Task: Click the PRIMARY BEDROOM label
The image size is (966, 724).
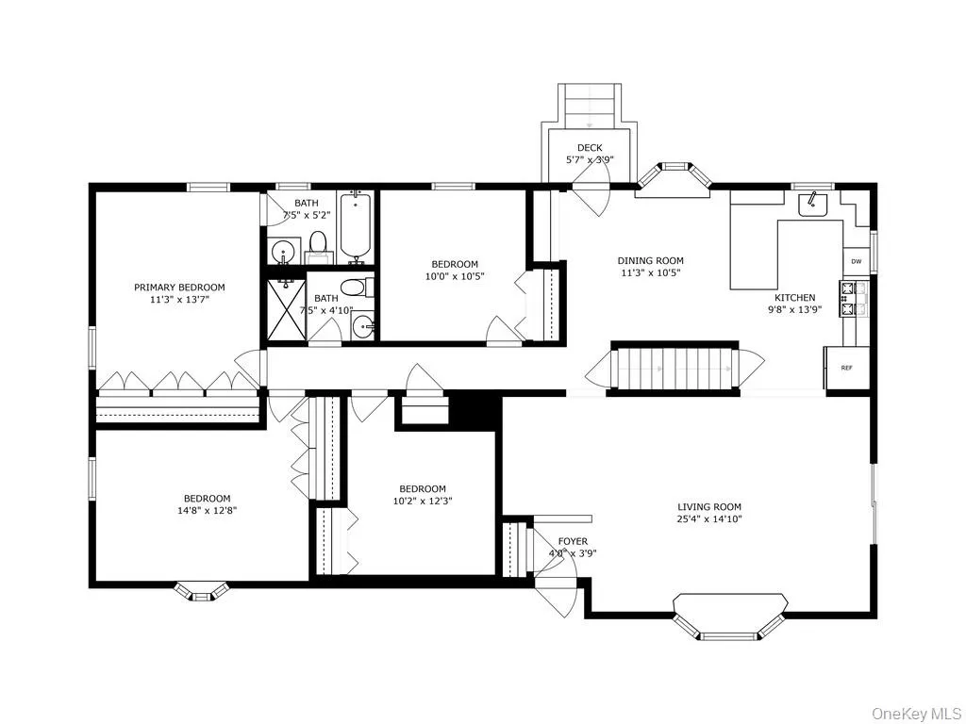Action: point(179,288)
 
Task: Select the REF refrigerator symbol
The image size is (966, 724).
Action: point(846,368)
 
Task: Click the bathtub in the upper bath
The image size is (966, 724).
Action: point(355,226)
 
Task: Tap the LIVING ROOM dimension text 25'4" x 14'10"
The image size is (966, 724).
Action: point(708,519)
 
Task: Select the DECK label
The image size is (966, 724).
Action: point(590,148)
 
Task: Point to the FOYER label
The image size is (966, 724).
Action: point(573,541)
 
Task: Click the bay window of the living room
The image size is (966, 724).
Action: point(730,617)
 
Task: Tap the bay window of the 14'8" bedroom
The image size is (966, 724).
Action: point(202,591)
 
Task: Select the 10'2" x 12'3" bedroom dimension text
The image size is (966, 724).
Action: point(422,501)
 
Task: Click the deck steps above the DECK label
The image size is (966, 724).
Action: point(589,105)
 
